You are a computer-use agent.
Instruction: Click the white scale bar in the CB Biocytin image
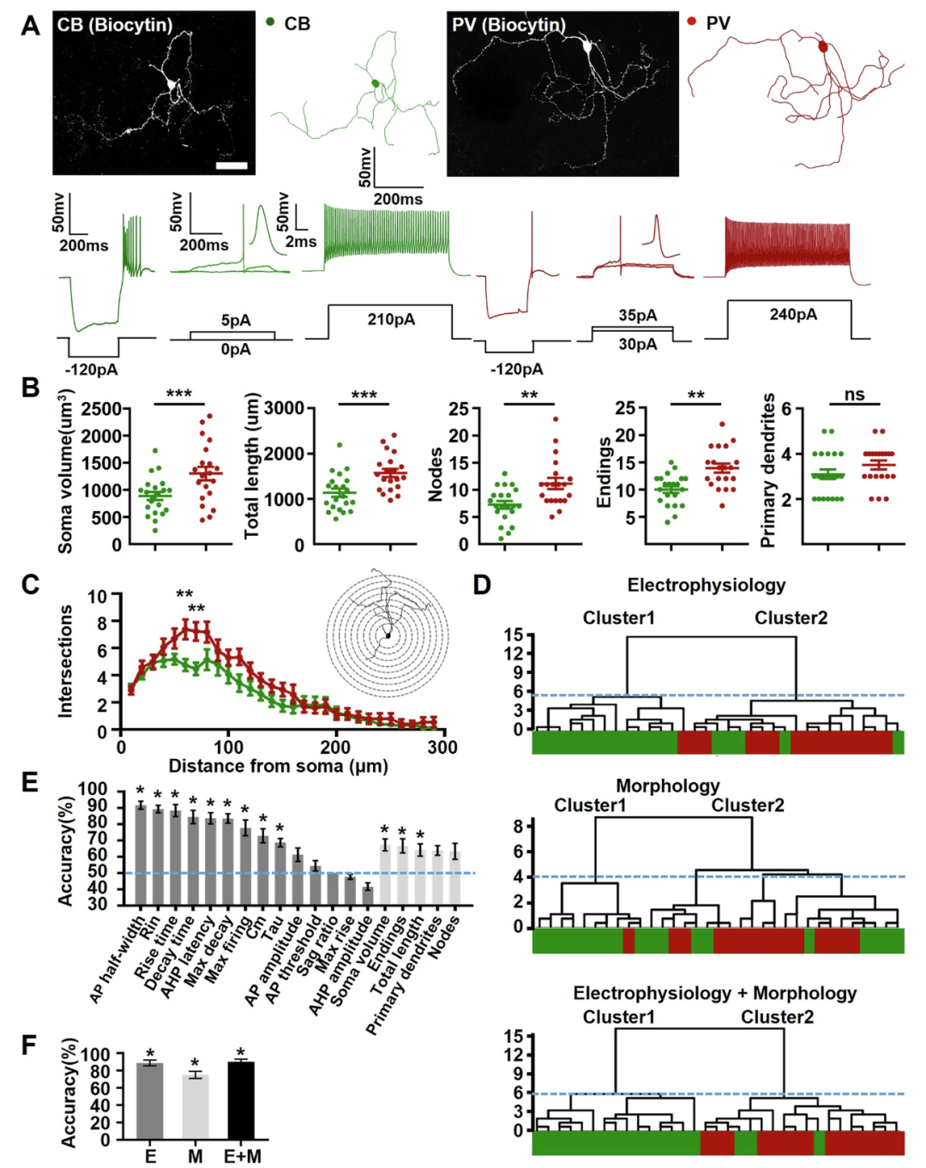(231, 165)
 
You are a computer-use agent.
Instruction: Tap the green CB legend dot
(270, 21)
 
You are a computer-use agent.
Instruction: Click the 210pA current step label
(391, 319)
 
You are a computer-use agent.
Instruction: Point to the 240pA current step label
(793, 315)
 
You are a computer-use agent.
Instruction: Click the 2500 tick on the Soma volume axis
(101, 408)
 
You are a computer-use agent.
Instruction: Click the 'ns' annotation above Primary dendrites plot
(854, 394)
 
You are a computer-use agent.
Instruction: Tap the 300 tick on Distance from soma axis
(442, 747)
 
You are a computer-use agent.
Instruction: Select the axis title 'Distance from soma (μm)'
(278, 766)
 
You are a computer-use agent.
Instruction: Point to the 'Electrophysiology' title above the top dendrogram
(706, 585)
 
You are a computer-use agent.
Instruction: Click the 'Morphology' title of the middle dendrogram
(668, 786)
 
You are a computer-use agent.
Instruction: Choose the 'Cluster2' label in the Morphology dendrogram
(748, 805)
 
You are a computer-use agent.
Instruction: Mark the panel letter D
(482, 585)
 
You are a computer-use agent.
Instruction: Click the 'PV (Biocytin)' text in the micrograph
(508, 25)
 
